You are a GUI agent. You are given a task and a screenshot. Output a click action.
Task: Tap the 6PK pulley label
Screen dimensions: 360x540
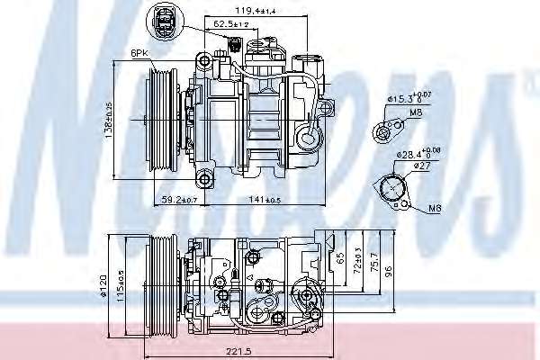139,54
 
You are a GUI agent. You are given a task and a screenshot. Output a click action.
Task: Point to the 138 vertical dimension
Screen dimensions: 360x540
109,117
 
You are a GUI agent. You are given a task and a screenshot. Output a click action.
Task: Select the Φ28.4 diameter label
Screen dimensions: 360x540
417,154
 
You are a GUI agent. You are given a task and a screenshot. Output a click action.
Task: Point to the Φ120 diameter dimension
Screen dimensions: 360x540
104,283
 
